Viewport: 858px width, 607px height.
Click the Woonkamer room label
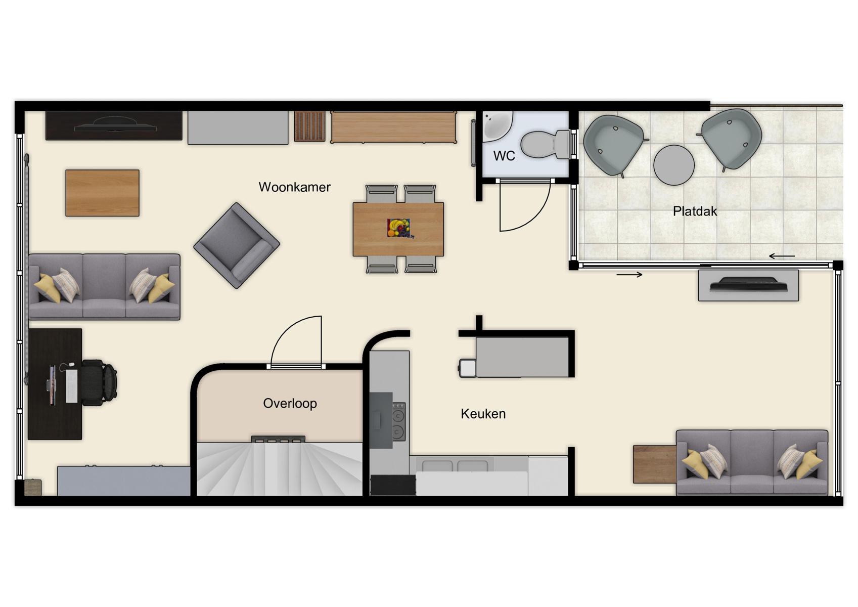(x=294, y=187)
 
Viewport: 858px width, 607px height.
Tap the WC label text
(x=504, y=156)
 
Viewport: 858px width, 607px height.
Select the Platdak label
(x=695, y=211)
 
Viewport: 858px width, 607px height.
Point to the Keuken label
(x=483, y=414)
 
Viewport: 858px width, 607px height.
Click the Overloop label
(x=290, y=403)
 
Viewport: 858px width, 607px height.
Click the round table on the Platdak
(x=673, y=165)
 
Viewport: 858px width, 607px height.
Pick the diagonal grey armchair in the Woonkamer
(x=237, y=245)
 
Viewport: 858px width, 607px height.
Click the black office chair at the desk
(x=99, y=382)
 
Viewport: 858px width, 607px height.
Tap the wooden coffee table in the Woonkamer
(x=102, y=193)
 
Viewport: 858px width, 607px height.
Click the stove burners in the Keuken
(x=398, y=421)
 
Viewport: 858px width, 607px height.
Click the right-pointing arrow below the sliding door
(x=629, y=275)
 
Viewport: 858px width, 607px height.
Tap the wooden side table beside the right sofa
(x=654, y=464)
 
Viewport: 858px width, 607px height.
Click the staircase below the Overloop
(x=279, y=469)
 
